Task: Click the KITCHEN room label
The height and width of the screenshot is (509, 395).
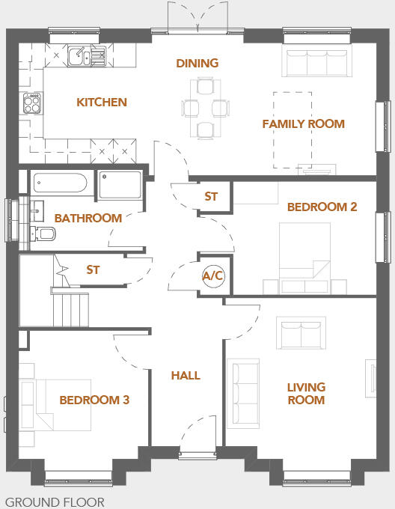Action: pyautogui.click(x=102, y=102)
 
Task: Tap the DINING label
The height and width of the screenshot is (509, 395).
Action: pyautogui.click(x=197, y=63)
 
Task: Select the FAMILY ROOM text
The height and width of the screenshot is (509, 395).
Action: pyautogui.click(x=303, y=124)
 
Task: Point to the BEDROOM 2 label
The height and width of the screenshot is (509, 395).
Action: pyautogui.click(x=322, y=207)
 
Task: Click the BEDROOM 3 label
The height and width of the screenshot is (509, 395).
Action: pyautogui.click(x=94, y=400)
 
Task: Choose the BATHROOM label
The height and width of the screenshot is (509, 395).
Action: pyautogui.click(x=88, y=218)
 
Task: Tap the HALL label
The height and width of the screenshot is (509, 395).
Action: pyautogui.click(x=186, y=375)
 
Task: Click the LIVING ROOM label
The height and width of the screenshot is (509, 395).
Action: pyautogui.click(x=306, y=393)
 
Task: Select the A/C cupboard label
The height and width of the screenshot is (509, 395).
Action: pyautogui.click(x=213, y=275)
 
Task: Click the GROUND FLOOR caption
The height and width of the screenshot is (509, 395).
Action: pyautogui.click(x=55, y=502)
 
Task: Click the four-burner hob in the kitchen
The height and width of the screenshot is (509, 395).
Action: pyautogui.click(x=32, y=103)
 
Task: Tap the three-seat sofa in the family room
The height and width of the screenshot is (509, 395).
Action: pyautogui.click(x=316, y=63)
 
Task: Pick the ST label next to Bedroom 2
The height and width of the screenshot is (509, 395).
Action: pyautogui.click(x=211, y=197)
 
